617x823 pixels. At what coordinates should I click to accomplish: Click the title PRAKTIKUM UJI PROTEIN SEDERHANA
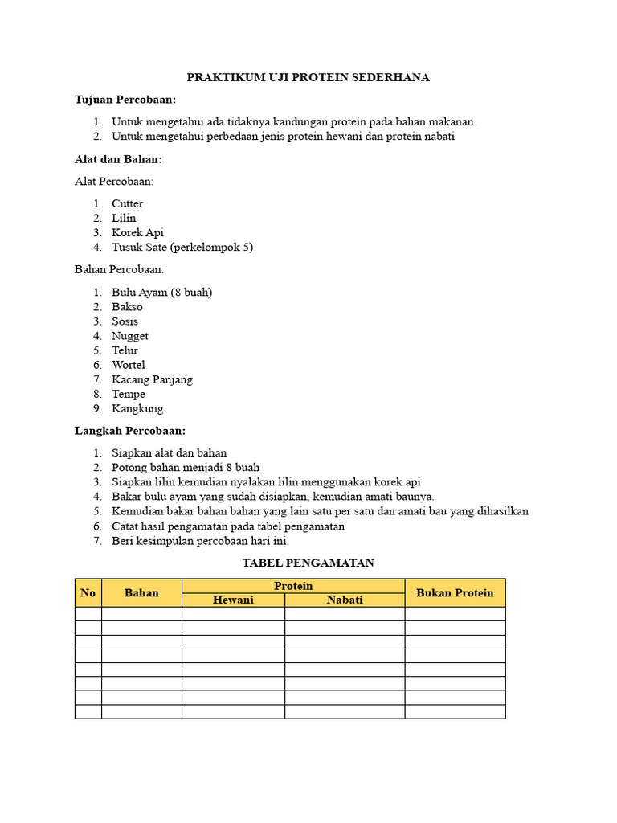click(x=308, y=77)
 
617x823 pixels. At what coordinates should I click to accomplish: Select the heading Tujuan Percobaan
click(x=125, y=100)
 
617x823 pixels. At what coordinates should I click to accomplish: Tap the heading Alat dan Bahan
click(x=118, y=159)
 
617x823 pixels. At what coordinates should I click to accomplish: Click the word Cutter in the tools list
click(x=127, y=203)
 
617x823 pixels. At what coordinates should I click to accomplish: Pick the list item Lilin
click(x=124, y=218)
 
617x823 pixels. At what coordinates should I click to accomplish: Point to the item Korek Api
click(x=137, y=232)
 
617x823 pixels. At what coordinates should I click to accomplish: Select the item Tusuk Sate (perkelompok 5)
click(x=182, y=247)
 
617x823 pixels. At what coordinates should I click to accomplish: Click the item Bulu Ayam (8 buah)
click(x=161, y=292)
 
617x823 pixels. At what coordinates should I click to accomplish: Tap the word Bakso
click(x=127, y=306)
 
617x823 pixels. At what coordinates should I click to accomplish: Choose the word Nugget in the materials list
click(x=130, y=336)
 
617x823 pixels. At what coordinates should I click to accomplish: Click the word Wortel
click(x=129, y=365)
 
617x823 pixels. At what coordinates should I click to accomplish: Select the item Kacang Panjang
click(x=152, y=379)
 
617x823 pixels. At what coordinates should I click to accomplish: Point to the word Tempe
click(x=129, y=394)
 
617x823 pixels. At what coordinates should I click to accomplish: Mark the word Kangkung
click(x=137, y=408)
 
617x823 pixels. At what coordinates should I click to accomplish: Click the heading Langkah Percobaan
click(x=130, y=431)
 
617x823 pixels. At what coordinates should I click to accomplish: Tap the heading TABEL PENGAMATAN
click(x=308, y=563)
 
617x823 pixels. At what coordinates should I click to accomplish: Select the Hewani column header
click(x=233, y=600)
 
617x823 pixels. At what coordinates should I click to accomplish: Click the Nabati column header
click(x=345, y=600)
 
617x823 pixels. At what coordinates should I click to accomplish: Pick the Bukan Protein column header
click(x=455, y=592)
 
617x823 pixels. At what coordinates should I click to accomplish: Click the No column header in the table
click(x=88, y=592)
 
